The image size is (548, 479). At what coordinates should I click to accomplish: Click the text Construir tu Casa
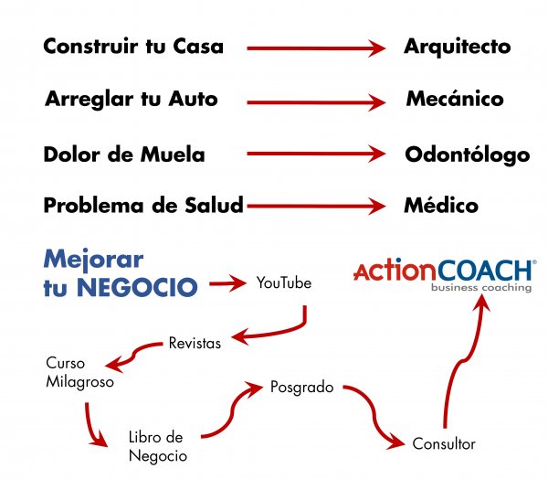[x=132, y=47]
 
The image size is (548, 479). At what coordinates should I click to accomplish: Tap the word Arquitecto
[x=458, y=47]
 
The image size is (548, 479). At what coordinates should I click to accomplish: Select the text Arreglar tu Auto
[x=132, y=99]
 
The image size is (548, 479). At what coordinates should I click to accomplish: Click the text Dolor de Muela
[x=123, y=154]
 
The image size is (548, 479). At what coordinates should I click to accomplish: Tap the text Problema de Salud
[x=143, y=206]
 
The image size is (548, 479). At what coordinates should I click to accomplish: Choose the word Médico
[x=441, y=206]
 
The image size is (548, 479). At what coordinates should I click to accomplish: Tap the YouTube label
[x=284, y=284]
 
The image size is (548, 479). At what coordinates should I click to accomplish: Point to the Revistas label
[x=195, y=343]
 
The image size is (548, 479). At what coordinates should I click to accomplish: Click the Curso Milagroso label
[x=79, y=373]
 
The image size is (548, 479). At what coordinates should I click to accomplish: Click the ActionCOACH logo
[x=443, y=271]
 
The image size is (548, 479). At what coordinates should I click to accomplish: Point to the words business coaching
[x=483, y=289]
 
